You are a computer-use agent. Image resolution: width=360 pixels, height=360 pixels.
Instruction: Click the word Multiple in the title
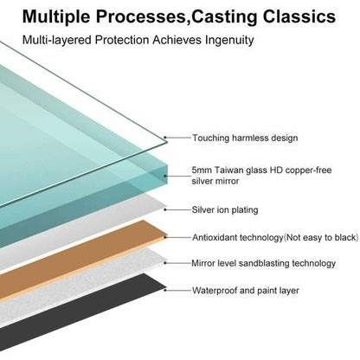click(x=56, y=17)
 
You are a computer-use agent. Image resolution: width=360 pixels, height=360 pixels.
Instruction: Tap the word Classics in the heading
click(x=299, y=16)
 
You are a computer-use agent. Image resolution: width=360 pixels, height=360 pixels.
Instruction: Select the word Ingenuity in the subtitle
click(x=229, y=41)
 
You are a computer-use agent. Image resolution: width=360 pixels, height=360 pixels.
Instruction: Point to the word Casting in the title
click(x=224, y=17)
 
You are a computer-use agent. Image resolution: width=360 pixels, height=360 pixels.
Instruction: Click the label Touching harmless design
click(x=245, y=138)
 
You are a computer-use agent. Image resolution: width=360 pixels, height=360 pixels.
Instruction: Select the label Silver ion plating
click(x=225, y=209)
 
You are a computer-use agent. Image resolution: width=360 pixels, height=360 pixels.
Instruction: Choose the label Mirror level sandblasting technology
click(x=264, y=263)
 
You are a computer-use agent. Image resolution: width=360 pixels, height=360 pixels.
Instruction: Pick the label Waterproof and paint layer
click(x=246, y=290)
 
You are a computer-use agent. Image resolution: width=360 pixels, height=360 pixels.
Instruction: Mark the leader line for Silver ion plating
click(x=178, y=209)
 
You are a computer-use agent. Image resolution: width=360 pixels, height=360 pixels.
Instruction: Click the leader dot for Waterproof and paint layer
click(x=165, y=290)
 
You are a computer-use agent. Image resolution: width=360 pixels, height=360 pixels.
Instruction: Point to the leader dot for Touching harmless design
click(x=165, y=138)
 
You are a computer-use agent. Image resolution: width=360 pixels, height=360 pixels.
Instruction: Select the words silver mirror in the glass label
click(x=215, y=181)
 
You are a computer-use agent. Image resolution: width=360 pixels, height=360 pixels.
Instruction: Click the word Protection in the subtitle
click(x=122, y=40)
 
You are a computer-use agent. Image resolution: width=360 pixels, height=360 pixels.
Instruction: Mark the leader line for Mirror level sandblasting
click(x=178, y=263)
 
